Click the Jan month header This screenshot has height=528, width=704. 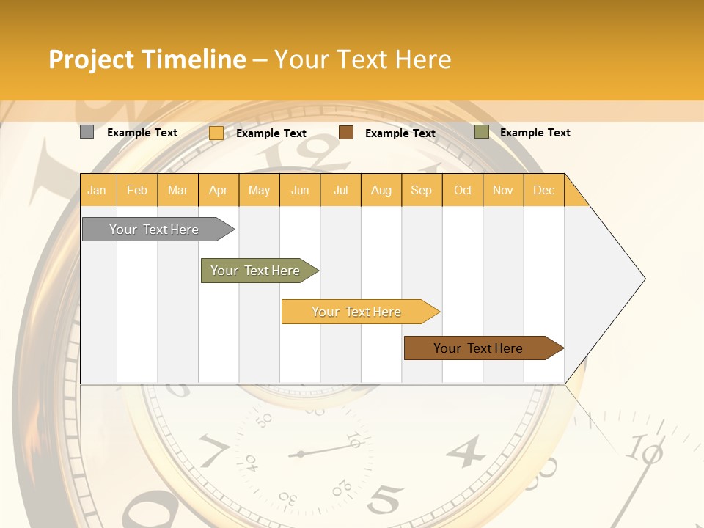97,190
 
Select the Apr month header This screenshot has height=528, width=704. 218,190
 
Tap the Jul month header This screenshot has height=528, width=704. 340,190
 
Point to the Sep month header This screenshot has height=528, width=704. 421,190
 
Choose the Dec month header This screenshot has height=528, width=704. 543,190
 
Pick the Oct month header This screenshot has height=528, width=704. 463,190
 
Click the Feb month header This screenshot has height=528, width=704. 137,190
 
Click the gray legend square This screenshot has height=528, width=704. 87,132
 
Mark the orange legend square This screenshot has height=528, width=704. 216,133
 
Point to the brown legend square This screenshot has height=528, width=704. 346,133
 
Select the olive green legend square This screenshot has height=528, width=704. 482,132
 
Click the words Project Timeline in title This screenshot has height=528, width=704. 147,59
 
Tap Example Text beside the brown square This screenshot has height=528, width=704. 400,133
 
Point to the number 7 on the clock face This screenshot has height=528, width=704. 213,450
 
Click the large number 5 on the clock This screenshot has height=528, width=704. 386,500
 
